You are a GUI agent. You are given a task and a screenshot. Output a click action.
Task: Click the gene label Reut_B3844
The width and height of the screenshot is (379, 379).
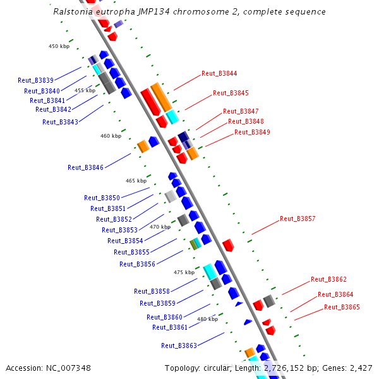click(x=219, y=73)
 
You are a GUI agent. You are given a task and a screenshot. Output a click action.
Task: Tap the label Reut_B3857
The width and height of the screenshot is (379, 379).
click(x=298, y=219)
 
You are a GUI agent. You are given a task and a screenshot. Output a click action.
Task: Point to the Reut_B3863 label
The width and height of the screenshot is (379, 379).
click(x=179, y=346)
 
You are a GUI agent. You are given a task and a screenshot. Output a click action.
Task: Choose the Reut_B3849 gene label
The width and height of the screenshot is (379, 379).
click(x=252, y=132)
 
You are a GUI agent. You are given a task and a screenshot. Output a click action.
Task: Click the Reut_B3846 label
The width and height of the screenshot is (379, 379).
click(x=85, y=167)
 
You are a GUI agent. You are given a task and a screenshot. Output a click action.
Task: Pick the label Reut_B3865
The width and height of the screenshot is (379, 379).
click(x=342, y=307)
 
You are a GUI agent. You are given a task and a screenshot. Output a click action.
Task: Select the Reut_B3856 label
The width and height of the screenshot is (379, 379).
click(x=137, y=264)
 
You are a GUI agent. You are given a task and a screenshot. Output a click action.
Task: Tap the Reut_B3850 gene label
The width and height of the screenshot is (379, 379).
click(x=102, y=198)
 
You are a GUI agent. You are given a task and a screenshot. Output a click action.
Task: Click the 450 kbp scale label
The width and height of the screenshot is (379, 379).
click(x=59, y=46)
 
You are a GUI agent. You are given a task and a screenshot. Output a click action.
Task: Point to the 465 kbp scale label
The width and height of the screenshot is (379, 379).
click(x=136, y=181)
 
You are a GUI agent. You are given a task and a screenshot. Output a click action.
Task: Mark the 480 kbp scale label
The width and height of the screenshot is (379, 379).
click(x=207, y=319)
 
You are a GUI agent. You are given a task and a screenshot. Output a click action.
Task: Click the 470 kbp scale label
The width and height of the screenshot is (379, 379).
click(x=160, y=227)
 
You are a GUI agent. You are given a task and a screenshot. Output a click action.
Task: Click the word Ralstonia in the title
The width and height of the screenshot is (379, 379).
click(x=73, y=12)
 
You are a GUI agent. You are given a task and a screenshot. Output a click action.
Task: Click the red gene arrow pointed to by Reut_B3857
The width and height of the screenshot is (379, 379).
click(x=228, y=244)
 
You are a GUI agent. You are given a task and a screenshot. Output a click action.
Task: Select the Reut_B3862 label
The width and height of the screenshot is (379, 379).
click(x=328, y=279)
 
